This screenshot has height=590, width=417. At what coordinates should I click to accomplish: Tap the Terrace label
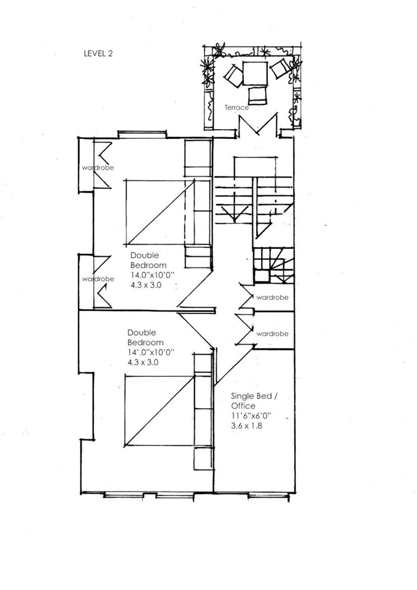[x=236, y=108]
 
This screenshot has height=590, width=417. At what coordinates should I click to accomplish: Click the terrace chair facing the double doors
[x=256, y=95]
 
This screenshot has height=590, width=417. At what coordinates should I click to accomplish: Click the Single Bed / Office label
[x=254, y=401]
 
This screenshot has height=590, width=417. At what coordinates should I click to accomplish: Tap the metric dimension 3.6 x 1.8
[x=246, y=426]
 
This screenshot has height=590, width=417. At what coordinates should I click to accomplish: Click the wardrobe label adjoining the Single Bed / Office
[x=273, y=334]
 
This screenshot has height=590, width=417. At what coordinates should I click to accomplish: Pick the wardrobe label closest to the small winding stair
[x=273, y=297]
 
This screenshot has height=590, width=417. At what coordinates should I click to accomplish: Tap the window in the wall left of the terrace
[x=142, y=132]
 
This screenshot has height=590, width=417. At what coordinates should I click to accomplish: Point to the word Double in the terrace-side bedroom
[x=144, y=255]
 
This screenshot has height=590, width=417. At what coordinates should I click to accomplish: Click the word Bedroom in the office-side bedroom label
[x=146, y=342]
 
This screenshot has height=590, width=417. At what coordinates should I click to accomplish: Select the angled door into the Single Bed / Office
[x=230, y=363]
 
